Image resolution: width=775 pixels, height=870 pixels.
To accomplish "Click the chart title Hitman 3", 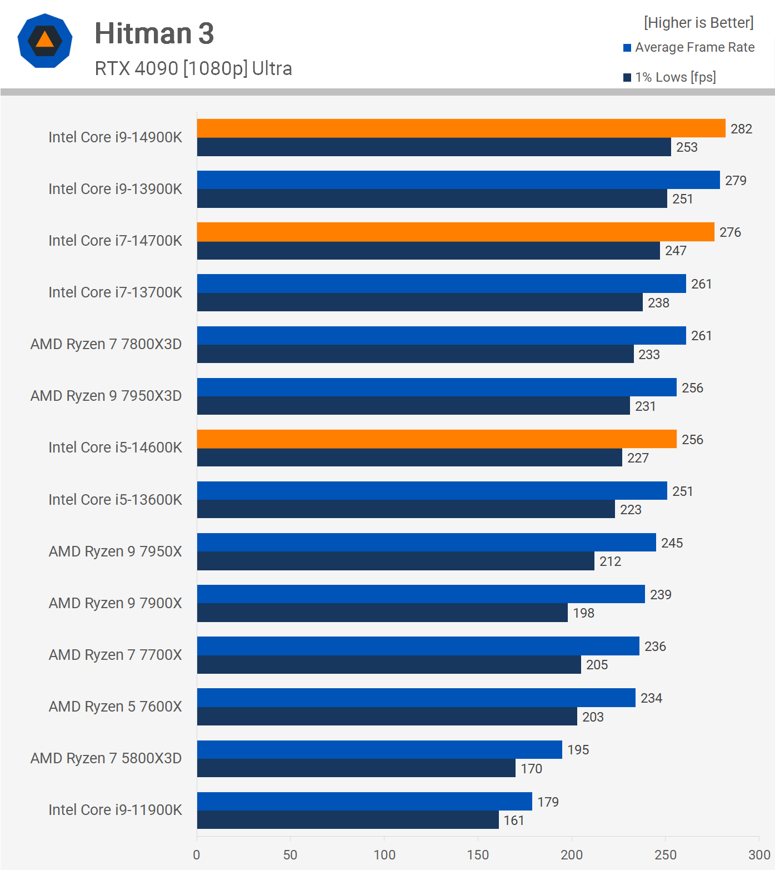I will coord(154,33).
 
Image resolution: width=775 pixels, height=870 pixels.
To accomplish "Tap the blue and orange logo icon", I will coord(45,41).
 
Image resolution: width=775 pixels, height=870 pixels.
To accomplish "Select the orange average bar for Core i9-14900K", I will coord(461,128).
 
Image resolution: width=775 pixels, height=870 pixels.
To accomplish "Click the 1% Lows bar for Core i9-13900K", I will coord(432,198).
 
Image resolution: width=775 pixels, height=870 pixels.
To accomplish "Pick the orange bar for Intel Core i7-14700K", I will coord(456,232).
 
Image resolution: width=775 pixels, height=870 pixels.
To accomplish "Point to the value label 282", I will coord(741,129).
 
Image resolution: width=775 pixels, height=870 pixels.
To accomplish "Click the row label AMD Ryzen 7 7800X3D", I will coord(106,344).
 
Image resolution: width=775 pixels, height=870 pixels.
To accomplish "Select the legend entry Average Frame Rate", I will coord(694,47).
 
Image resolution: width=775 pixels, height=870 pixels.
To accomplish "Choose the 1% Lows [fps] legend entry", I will coord(675,77).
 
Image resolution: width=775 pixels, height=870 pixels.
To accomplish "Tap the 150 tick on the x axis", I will coord(478,854).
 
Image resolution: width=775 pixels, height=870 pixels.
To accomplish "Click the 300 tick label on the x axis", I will coord(759,854).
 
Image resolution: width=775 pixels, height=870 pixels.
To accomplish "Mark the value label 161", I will coord(514,821).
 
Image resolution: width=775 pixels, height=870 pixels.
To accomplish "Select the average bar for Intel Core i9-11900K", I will coord(364,801).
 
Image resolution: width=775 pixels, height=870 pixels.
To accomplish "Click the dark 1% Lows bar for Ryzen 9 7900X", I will coord(382,613).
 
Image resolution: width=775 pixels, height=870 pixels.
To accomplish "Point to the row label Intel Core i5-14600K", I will coord(115,448).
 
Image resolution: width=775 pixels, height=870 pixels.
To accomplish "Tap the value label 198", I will coord(583,613).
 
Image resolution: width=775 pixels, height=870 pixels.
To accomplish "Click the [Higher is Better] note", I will coord(698,23).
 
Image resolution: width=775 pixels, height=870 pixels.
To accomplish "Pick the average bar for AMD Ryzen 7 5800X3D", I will coord(379,749).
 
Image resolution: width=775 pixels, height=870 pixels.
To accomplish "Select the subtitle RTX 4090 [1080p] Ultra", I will coord(193,68).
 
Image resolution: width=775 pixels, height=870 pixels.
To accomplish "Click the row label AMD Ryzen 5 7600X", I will coord(115,707).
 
